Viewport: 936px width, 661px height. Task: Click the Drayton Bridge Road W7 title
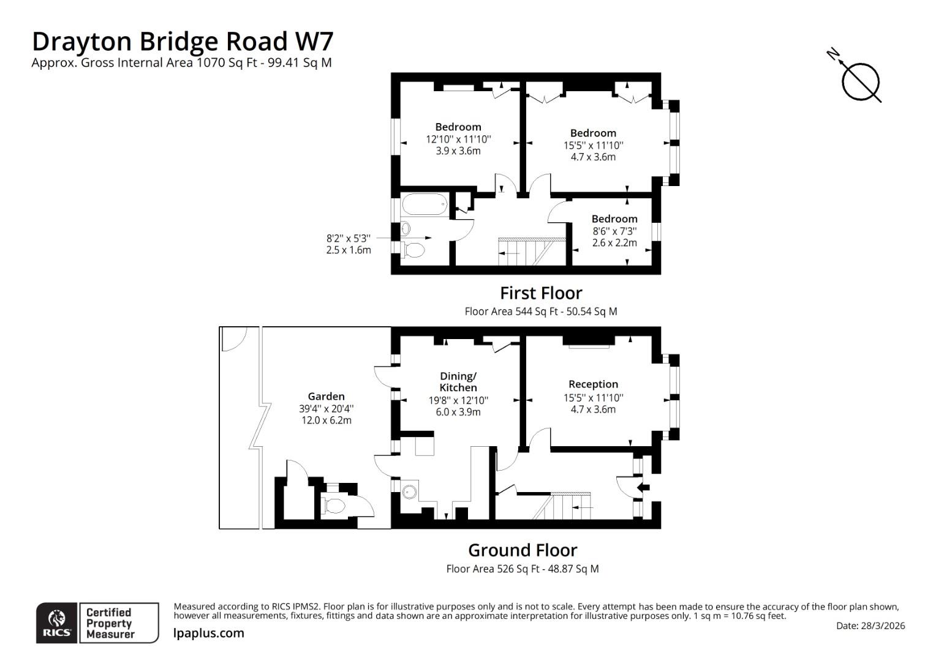183,42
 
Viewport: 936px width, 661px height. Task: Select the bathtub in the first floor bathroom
425,204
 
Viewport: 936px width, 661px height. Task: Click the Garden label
326,396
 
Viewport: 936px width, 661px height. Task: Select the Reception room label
593,384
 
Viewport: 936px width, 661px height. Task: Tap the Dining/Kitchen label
458,382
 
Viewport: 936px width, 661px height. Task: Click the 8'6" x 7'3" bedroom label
614,231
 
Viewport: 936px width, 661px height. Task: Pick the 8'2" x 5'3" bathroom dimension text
349,244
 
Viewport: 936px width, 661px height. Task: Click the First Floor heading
541,293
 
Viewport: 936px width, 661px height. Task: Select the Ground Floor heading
523,550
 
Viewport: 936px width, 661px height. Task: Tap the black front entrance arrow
643,487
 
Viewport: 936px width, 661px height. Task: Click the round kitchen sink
410,492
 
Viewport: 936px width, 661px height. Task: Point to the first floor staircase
532,252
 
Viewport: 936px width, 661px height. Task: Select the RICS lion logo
57,622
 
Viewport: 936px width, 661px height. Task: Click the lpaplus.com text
208,633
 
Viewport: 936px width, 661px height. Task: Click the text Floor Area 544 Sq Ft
511,312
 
